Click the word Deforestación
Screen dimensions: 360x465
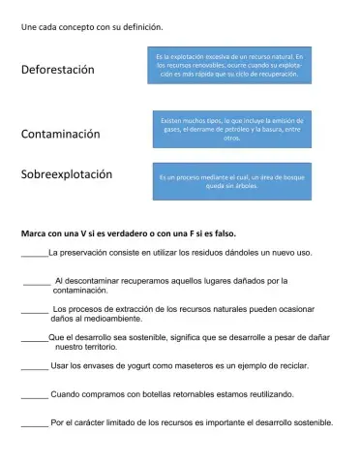point(58,70)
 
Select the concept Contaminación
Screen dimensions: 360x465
point(61,135)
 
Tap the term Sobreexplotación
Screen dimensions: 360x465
point(67,175)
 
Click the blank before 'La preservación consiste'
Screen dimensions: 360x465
point(34,254)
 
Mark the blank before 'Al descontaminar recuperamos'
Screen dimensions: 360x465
point(37,282)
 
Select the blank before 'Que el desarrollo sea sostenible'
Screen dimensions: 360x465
point(34,338)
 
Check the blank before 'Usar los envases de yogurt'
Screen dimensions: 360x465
point(35,367)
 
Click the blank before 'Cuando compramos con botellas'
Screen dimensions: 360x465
point(35,395)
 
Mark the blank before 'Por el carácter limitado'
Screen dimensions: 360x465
point(35,423)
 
